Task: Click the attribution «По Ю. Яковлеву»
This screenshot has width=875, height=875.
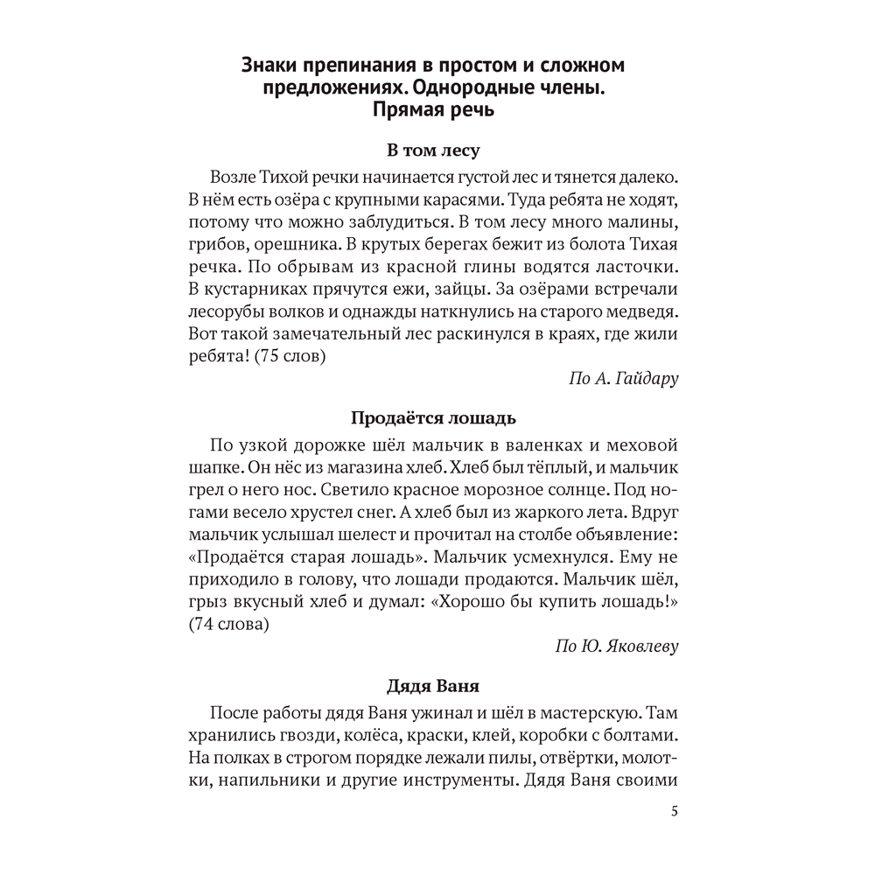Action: click(617, 647)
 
